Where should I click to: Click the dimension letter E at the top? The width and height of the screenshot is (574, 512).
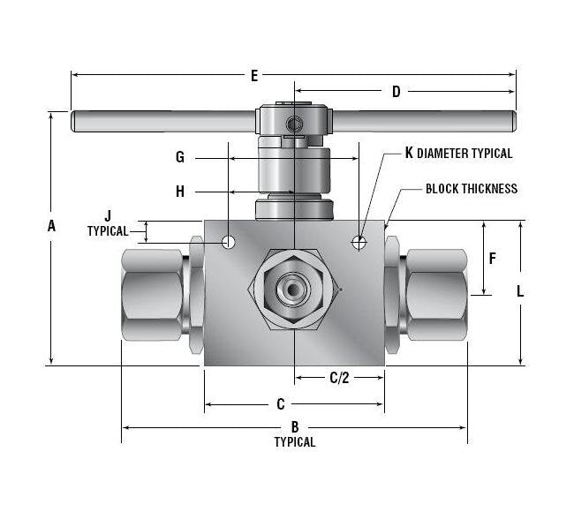pos(254,76)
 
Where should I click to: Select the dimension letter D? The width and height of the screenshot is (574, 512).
pos(397,92)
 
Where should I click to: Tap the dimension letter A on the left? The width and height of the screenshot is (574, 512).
pos(51,226)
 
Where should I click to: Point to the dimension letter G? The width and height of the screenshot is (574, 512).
pos(180,157)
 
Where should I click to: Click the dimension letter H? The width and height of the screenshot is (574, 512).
pos(180,192)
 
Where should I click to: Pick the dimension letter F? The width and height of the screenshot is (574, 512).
pos(493,259)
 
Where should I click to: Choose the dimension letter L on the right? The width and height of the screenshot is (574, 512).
pos(520,291)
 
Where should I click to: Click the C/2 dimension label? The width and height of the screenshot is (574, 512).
pos(339,378)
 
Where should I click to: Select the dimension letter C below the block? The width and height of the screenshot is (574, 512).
pos(281,404)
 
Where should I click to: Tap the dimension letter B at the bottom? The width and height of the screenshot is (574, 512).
pos(295,426)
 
